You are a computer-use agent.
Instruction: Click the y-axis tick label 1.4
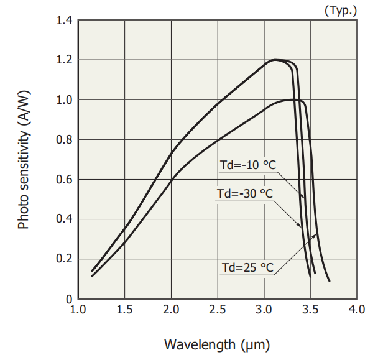[x=64, y=21]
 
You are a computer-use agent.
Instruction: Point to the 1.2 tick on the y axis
[x=64, y=60]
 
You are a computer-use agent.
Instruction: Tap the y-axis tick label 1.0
[x=64, y=100]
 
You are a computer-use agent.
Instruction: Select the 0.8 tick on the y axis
[x=64, y=140]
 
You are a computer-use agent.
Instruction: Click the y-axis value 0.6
[x=64, y=180]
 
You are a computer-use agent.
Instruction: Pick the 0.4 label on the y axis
[x=64, y=219]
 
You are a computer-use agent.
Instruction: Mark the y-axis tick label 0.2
[x=64, y=259]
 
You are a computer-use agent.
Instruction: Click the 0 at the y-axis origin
[x=70, y=299]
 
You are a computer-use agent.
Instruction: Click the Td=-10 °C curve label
[x=247, y=165]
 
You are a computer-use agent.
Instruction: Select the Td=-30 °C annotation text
[x=245, y=193]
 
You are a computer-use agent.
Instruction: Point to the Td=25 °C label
[x=248, y=267]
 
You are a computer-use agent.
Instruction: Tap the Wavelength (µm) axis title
[x=217, y=343]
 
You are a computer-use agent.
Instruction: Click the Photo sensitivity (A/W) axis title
[x=24, y=160]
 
